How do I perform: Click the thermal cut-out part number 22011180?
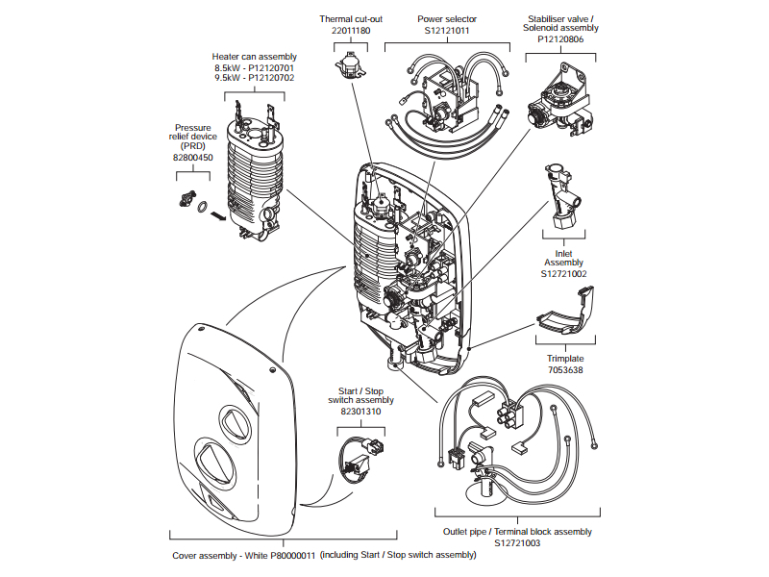point(351,31)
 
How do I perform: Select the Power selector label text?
point(447,18)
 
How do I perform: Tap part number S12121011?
point(447,31)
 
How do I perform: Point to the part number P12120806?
point(561,39)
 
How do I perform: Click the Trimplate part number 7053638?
point(564,369)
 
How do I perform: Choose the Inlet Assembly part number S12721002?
point(563,274)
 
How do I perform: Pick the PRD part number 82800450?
point(193,157)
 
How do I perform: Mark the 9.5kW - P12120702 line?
point(255,78)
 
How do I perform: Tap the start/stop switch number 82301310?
point(360,411)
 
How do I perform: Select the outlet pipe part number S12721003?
point(517,543)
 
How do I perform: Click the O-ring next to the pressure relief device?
point(203,206)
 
